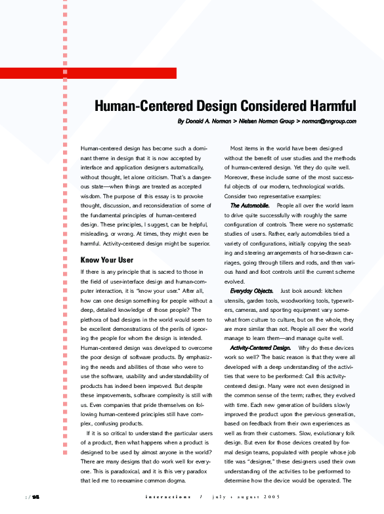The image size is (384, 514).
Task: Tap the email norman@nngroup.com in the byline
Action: [329, 121]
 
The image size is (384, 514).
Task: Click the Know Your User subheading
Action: [106, 260]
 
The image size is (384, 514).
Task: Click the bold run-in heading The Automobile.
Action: [249, 206]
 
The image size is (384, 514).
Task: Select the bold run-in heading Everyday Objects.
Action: [252, 290]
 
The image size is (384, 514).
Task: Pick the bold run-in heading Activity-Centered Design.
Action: [260, 347]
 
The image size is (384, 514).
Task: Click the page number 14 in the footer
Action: [36, 496]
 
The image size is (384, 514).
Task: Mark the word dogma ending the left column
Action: [187, 481]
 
